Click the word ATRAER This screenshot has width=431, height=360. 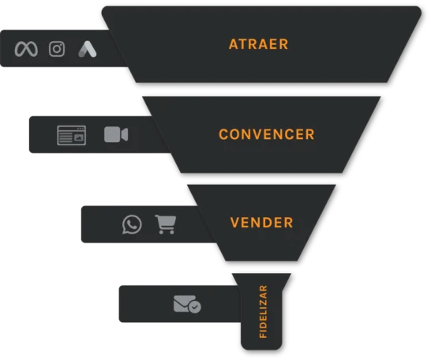(258, 44)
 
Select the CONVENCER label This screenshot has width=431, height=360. (266, 134)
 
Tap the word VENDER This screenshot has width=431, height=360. (262, 223)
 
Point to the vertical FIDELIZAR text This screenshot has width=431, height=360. (263, 312)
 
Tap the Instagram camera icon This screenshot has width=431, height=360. (57, 49)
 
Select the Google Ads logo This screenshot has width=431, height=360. (88, 49)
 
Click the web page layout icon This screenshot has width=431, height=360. (72, 135)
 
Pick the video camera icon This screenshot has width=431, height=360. (116, 134)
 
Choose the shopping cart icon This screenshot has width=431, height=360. (166, 224)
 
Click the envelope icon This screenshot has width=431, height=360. (184, 303)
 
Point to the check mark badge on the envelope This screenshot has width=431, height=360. (195, 306)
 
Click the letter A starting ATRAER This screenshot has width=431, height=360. (234, 44)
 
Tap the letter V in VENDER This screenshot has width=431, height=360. (235, 223)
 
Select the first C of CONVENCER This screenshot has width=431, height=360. (223, 134)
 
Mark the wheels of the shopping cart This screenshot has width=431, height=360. (167, 232)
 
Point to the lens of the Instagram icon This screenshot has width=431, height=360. (57, 49)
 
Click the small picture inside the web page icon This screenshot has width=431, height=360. (79, 137)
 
